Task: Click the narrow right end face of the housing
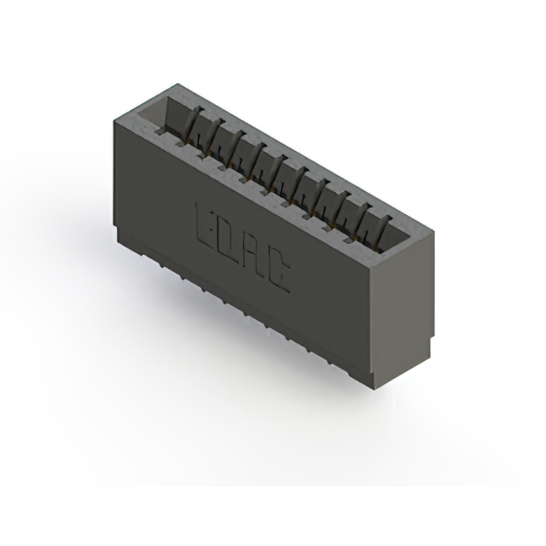398,316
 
